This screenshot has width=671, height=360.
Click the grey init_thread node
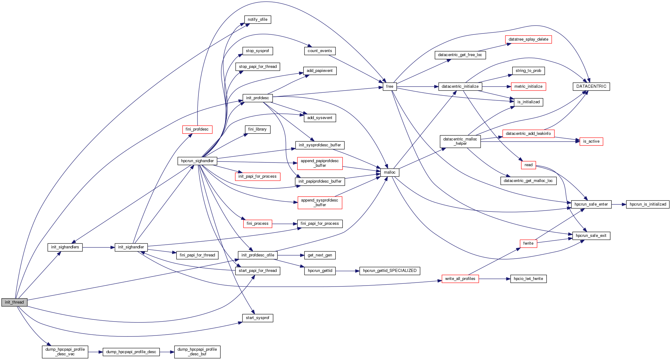pyautogui.click(x=14, y=302)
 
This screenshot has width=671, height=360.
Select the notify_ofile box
pyautogui.click(x=257, y=20)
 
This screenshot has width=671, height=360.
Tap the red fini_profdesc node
pyautogui.click(x=197, y=129)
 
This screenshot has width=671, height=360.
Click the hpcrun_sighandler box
pyautogui.click(x=197, y=161)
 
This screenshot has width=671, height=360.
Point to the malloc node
pyautogui.click(x=389, y=172)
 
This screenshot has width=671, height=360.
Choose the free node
pyautogui.click(x=389, y=87)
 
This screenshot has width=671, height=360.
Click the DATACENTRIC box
pyautogui.click(x=591, y=87)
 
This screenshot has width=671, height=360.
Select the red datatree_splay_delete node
pyautogui.click(x=528, y=39)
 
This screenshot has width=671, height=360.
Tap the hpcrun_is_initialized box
pyautogui.click(x=648, y=204)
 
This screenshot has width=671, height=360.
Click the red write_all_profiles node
pyautogui.click(x=460, y=279)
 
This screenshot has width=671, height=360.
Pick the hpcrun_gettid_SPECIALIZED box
pyautogui.click(x=390, y=271)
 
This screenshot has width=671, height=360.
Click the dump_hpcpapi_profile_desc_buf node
pyautogui.click(x=197, y=352)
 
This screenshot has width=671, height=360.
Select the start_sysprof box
pyautogui.click(x=257, y=318)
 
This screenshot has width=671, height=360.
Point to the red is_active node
pyautogui.click(x=591, y=141)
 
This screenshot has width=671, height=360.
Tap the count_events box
pyautogui.click(x=320, y=51)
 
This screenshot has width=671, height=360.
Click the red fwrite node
pyautogui.click(x=528, y=243)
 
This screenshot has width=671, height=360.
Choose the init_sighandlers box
pyautogui.click(x=65, y=247)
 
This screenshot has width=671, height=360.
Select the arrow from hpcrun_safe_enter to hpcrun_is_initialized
pyautogui.click(x=619, y=204)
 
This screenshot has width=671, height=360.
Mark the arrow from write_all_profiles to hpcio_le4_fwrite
pyautogui.click(x=495, y=279)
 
